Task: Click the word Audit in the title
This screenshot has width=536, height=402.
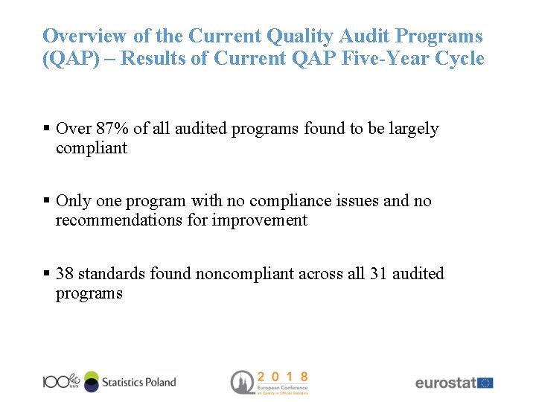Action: pyautogui.click(x=363, y=36)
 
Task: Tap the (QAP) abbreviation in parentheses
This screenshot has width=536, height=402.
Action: pyautogui.click(x=71, y=59)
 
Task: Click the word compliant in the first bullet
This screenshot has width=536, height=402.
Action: pyautogui.click(x=91, y=148)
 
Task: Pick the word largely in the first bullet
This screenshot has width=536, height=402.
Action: pyautogui.click(x=413, y=129)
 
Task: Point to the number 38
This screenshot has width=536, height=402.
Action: pyautogui.click(x=65, y=274)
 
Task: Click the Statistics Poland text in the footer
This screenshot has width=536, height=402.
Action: pyautogui.click(x=138, y=382)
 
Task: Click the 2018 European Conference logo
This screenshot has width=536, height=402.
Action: pyautogui.click(x=269, y=382)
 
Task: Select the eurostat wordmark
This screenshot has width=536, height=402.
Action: pyautogui.click(x=445, y=383)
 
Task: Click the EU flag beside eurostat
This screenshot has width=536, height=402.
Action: pyautogui.click(x=485, y=383)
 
